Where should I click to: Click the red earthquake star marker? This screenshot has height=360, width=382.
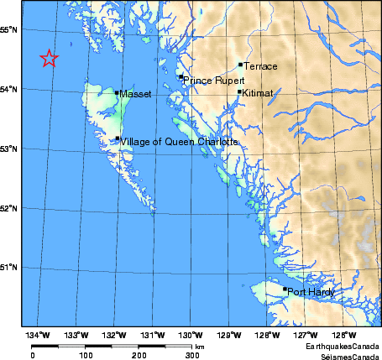(49, 58)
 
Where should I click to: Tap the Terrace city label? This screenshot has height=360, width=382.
(260, 65)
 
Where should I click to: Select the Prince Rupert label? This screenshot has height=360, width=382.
(210, 81)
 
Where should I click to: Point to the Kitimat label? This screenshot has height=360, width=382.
(258, 94)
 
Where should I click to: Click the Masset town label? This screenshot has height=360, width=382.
(135, 95)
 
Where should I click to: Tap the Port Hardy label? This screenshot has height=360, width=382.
(311, 293)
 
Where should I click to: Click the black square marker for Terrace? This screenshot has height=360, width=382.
(240, 64)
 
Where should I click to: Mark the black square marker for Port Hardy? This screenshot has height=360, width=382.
(285, 290)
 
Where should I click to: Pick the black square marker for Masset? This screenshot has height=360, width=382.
(117, 92)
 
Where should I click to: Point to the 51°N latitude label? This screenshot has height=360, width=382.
(10, 268)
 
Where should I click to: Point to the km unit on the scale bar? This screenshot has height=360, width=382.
(200, 346)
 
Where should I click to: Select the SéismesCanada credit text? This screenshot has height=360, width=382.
(347, 355)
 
